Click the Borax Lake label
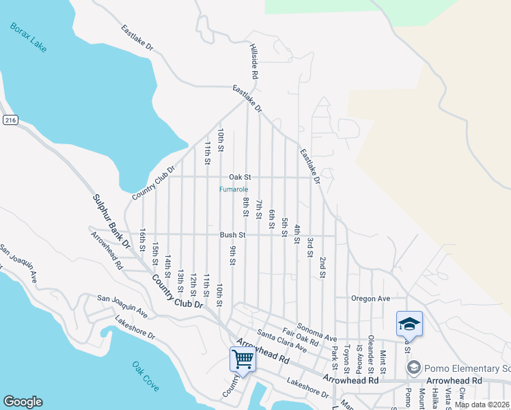(29, 38)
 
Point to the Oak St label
(240, 176)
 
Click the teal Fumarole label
(234, 189)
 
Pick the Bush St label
(232, 234)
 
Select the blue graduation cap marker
(409, 323)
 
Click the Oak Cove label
(145, 377)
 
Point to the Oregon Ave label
(370, 299)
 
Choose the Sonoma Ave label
(316, 333)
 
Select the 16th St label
(143, 241)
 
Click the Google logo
(23, 402)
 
